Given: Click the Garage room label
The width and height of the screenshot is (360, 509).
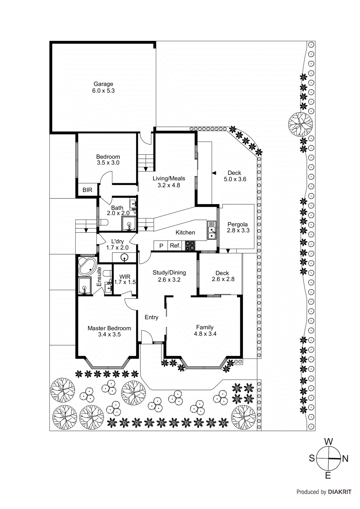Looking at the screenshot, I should [103, 87].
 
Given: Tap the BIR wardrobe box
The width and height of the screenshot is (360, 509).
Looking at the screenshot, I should [87, 190].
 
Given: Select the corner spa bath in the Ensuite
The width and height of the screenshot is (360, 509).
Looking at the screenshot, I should [87, 267].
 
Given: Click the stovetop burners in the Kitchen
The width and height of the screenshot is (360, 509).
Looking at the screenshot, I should [190, 245].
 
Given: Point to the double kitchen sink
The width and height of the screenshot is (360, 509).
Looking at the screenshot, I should [212, 230].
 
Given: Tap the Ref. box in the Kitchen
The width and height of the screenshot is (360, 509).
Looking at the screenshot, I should [175, 246].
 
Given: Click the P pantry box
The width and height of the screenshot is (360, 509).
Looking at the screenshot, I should [161, 246].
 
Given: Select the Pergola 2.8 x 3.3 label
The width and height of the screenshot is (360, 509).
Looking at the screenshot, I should [238, 227].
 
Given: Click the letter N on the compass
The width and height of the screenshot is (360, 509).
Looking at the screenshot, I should [345, 459].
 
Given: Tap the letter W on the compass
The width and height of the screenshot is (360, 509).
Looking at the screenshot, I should [328, 442].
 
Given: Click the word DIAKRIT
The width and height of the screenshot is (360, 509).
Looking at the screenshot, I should [340, 492].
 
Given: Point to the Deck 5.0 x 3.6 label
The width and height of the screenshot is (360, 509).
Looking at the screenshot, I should [235, 176].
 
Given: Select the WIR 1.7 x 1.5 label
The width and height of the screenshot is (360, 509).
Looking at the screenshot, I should [125, 279].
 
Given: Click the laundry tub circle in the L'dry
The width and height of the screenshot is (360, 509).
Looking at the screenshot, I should [124, 257].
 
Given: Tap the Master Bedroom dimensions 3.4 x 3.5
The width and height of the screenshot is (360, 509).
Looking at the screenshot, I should [109, 334].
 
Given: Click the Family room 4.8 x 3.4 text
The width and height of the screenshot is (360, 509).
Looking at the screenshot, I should [205, 331].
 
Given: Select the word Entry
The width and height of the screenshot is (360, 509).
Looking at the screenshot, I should [151, 317].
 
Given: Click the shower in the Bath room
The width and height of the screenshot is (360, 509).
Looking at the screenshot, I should [129, 224].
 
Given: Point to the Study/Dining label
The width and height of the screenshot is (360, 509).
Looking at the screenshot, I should [169, 273].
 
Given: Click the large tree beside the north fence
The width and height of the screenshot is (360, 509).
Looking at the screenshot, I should [300, 124].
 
